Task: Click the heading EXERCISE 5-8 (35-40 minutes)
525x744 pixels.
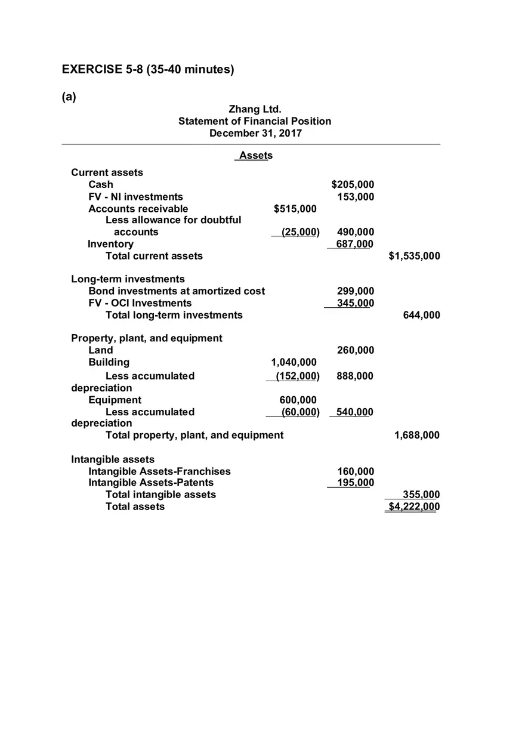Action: coord(148,70)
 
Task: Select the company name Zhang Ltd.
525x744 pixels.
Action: coord(255,109)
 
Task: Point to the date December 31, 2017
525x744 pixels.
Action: coord(255,133)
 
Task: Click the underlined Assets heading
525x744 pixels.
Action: coord(255,156)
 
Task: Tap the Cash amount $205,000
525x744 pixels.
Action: coord(353,185)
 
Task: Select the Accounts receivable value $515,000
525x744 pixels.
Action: coord(295,209)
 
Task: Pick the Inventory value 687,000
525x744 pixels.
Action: coord(355,244)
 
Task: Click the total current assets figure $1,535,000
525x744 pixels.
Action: coord(414,256)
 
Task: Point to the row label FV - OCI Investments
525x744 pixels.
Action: coord(140,303)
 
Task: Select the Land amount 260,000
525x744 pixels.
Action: coord(356,350)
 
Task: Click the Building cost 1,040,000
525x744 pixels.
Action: coord(294,362)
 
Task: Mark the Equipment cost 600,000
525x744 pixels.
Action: coord(298,400)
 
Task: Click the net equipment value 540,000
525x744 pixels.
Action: coord(355,412)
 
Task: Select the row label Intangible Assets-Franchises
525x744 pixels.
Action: coord(159,471)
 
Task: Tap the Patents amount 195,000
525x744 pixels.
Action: coord(356,483)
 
